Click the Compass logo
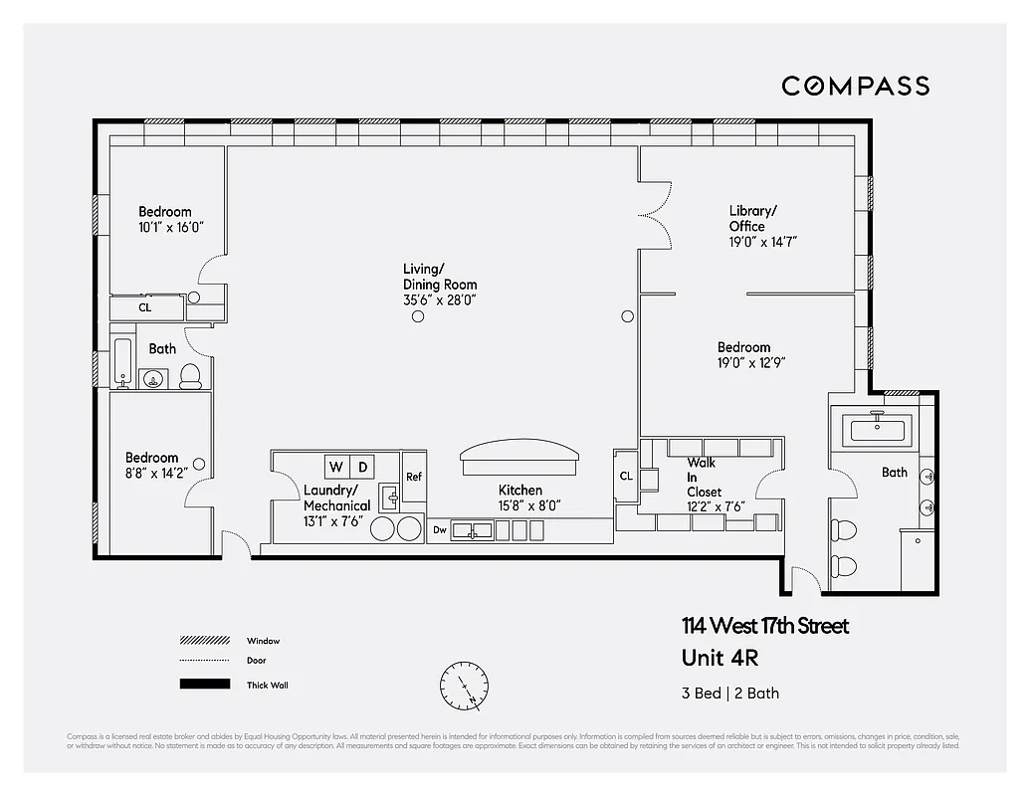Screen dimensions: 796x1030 coord(855,86)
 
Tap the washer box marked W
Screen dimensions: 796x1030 coord(335,467)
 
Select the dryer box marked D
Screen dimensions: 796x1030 coord(362,467)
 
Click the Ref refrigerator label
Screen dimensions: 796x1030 coord(413,477)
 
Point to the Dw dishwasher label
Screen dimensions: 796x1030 coord(439,531)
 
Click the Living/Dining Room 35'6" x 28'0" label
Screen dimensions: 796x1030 coord(440,284)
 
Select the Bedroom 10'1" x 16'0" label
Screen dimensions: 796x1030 coord(165,219)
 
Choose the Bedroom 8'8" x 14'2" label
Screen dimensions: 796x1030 coord(152,466)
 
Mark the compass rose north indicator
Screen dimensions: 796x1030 coord(464,685)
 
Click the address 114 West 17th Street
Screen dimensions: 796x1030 coord(765,626)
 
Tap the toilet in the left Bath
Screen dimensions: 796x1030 coord(190,375)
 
